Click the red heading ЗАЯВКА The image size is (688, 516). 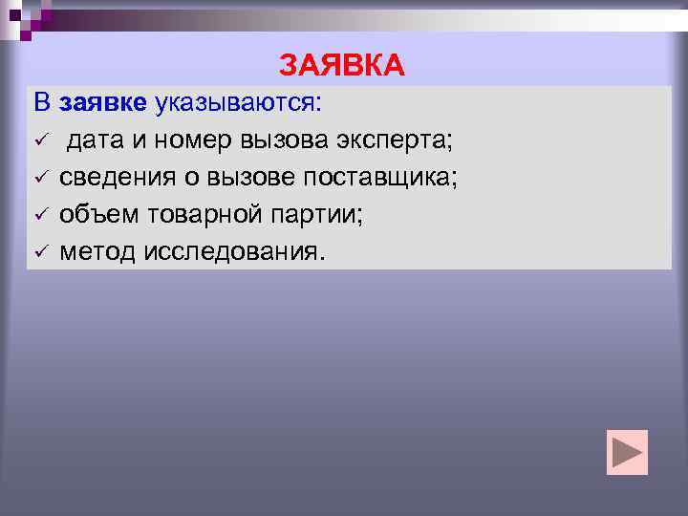click(x=342, y=65)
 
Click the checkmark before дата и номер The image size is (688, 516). click(x=40, y=142)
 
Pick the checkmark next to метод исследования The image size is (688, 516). click(x=40, y=252)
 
